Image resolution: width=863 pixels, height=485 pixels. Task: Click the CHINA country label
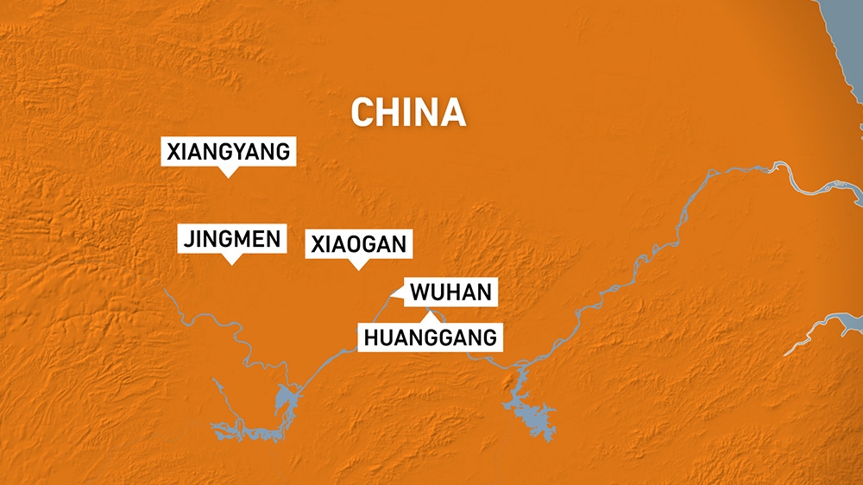click(x=408, y=113)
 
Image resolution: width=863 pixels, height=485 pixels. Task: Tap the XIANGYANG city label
click(x=229, y=153)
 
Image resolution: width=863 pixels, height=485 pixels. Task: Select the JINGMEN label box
click(x=232, y=239)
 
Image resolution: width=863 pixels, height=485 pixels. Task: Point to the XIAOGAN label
click(x=357, y=244)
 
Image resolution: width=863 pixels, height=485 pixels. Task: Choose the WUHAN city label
click(x=450, y=293)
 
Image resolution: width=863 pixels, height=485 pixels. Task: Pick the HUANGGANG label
click(x=430, y=337)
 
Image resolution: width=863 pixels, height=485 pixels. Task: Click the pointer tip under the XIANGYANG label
click(x=229, y=175)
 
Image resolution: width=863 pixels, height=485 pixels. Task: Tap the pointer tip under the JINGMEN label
click(x=231, y=261)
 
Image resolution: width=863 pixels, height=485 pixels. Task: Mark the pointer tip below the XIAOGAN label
click(x=357, y=268)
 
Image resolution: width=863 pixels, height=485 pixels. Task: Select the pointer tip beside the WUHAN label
click(x=392, y=296)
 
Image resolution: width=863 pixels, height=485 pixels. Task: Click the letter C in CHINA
click(x=362, y=113)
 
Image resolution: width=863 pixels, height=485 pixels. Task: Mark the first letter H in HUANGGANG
click(x=371, y=337)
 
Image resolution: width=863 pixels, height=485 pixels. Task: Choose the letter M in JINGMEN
click(x=243, y=239)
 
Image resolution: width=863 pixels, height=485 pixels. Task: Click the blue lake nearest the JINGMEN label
click(x=284, y=399)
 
